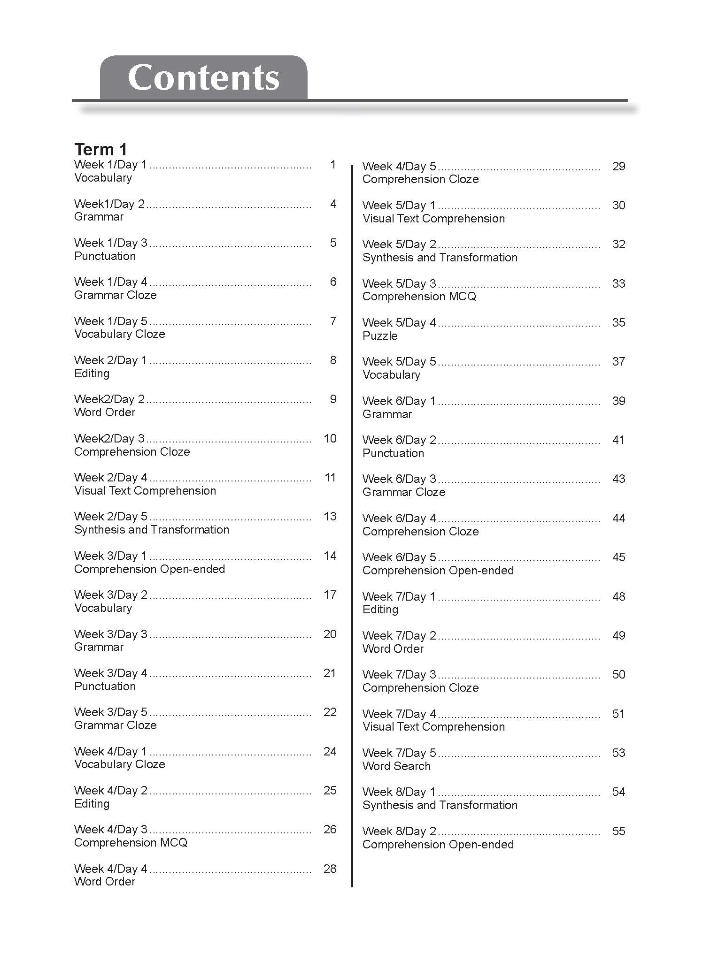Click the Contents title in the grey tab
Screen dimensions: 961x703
point(203,77)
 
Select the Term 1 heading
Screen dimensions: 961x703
point(100,149)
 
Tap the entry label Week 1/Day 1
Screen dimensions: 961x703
point(110,165)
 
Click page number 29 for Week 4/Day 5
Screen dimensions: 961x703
point(618,166)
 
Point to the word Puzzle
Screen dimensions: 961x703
point(380,336)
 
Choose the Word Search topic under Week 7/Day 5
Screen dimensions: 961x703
point(396,766)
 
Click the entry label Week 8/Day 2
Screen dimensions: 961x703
point(399,831)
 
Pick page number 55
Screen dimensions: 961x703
point(618,831)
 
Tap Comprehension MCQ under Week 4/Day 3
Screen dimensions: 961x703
point(131,842)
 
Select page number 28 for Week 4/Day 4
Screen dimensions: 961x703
point(330,869)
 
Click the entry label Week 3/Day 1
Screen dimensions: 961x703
point(110,556)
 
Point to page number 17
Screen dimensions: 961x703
point(330,595)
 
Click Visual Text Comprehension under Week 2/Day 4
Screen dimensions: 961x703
point(145,490)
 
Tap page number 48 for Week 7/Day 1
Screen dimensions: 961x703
point(618,596)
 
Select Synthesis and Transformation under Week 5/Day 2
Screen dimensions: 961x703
point(440,257)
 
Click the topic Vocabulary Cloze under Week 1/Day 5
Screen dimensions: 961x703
point(120,334)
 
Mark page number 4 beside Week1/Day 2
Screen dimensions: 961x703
point(333,204)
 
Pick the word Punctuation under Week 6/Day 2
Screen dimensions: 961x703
point(393,453)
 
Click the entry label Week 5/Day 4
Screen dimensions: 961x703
point(399,322)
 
